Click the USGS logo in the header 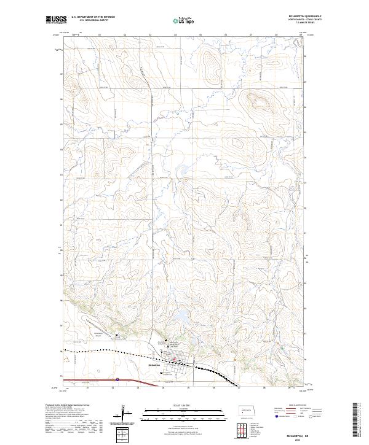point(55,20)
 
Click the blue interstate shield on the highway point(117,380)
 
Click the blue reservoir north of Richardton point(182,317)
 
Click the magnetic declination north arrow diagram point(125,415)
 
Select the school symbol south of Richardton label point(162,373)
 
